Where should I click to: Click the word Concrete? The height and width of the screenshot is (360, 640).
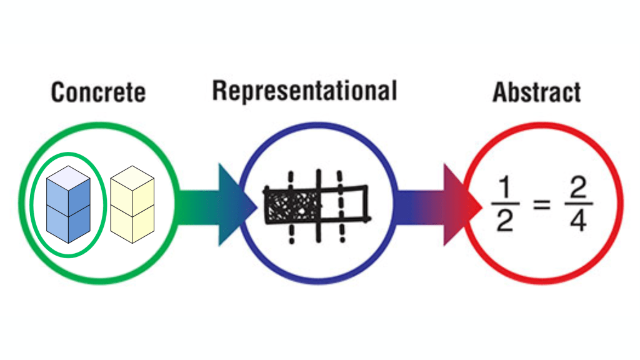(98, 92)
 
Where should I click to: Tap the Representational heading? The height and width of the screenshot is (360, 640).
(304, 91)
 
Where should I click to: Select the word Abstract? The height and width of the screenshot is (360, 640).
(537, 92)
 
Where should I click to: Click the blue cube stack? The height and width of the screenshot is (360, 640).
(68, 204)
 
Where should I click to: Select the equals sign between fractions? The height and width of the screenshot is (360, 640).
(541, 204)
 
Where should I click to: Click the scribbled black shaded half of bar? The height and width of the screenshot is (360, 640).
(291, 205)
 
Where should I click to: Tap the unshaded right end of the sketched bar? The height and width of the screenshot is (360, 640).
(354, 204)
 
